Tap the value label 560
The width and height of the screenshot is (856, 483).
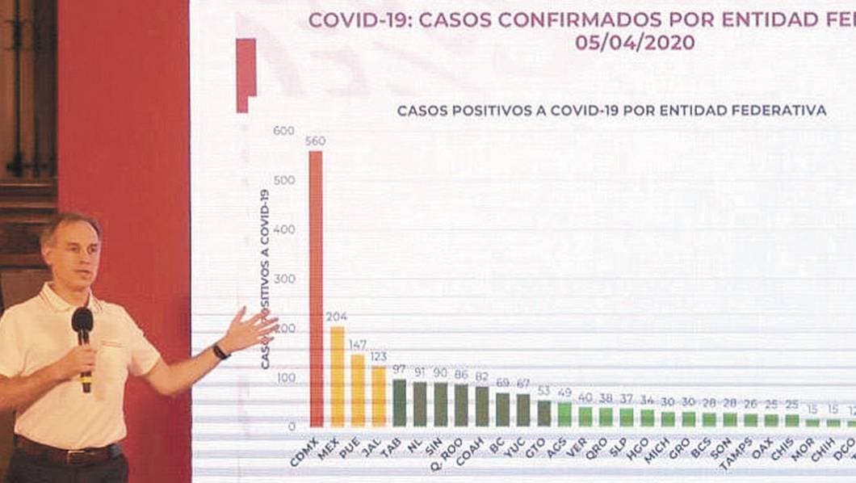[x=316, y=141]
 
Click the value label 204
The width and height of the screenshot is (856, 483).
[x=337, y=317]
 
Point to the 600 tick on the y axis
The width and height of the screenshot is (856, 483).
[x=284, y=130]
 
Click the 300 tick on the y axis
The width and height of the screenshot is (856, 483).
[x=284, y=279]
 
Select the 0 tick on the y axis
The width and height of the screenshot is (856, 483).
[x=292, y=426]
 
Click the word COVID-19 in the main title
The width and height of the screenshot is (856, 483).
[x=351, y=19]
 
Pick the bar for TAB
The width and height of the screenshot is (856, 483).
[x=399, y=403]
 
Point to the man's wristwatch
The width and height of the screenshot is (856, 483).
[x=220, y=352]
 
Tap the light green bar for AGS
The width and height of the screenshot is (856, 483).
[x=564, y=414]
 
